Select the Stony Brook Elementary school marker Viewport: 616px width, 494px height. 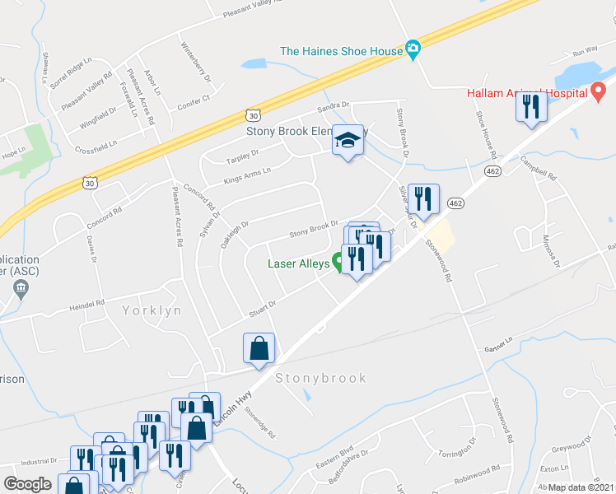348,142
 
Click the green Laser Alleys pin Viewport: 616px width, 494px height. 338,263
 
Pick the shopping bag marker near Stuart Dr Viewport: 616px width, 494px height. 259,348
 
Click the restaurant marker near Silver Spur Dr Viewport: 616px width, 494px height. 423,199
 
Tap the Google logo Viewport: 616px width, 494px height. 27,484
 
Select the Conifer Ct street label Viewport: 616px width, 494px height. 195,103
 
